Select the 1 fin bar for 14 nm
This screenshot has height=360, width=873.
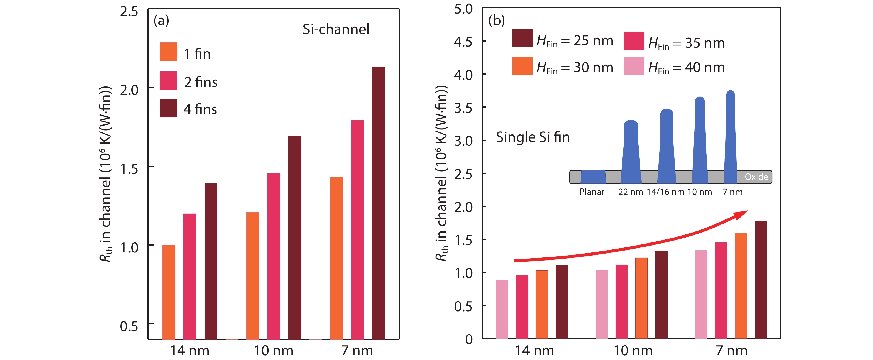169,292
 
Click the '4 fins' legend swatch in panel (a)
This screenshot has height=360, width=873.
169,108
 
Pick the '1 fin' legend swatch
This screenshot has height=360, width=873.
169,52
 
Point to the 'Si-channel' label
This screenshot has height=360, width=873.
336,29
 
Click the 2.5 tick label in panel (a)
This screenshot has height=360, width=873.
129,12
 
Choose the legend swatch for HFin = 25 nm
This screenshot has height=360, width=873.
522,38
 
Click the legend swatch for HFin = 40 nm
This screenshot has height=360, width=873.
634,66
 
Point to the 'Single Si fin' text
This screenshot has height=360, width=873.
533,137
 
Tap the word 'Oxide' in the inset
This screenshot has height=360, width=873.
756,177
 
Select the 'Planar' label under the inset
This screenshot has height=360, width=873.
592,192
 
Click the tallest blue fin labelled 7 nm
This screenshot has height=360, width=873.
731,136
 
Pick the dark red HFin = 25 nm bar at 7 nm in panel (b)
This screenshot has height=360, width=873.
761,280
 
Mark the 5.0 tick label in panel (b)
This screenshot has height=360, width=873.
463,9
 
